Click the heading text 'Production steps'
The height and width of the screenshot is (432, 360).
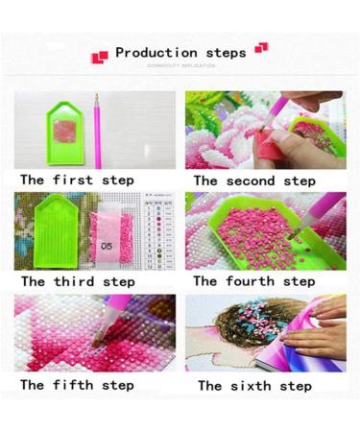(180, 53)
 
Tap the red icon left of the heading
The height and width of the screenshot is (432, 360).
(99, 56)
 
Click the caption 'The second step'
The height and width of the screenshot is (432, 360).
(254, 180)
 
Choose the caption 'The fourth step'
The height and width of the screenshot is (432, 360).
(253, 281)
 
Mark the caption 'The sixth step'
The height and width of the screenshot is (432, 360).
(254, 385)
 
